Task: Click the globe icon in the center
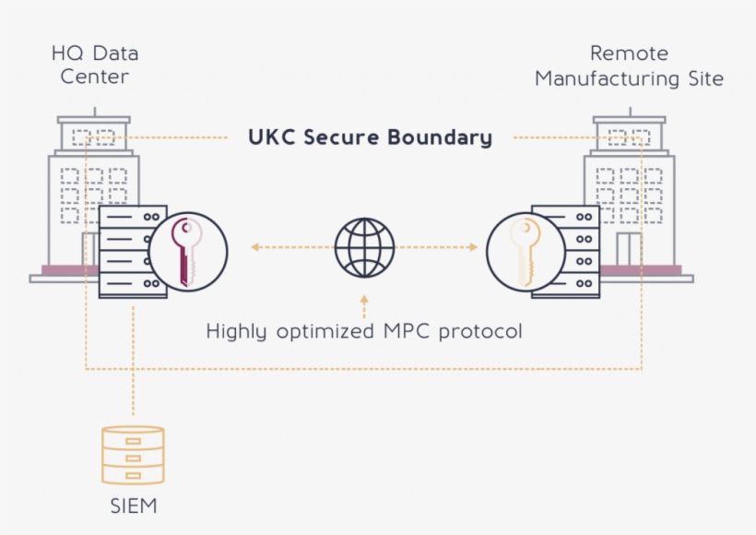(364, 247)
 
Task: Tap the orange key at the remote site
(525, 252)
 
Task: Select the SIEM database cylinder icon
(133, 455)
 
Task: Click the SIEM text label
(133, 505)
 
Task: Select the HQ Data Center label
(94, 65)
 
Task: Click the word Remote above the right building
(629, 53)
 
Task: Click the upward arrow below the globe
(364, 300)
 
